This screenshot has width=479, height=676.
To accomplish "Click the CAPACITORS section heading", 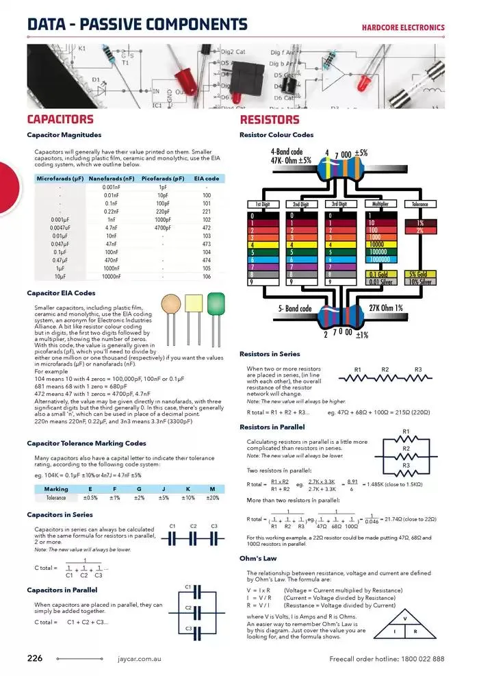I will point(60,120).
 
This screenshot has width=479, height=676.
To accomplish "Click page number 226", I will point(35,658).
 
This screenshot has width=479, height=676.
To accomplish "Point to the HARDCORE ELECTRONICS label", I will point(403,28).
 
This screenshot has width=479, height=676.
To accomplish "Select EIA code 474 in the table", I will point(207,260).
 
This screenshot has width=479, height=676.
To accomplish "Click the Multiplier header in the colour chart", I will point(380,204).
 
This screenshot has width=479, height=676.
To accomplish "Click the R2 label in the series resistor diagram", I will point(385,370).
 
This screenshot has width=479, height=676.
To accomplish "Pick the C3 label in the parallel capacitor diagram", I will point(189,628).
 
